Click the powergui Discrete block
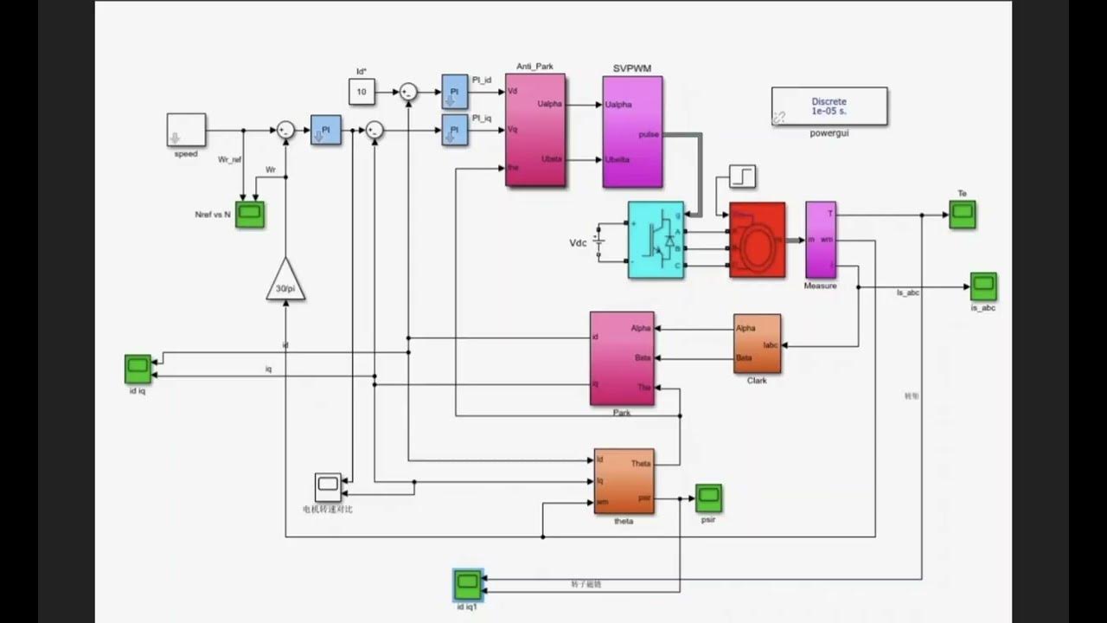(x=829, y=106)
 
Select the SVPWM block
(x=632, y=132)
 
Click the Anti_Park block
(x=535, y=130)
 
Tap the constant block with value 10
(x=362, y=91)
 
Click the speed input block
(x=186, y=130)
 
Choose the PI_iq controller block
(x=453, y=130)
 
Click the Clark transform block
(x=757, y=344)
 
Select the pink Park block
(x=621, y=358)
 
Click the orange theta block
(x=624, y=480)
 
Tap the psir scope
(x=708, y=498)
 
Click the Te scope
(x=962, y=214)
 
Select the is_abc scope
(x=982, y=286)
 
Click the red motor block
(x=757, y=240)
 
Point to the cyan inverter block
(x=656, y=240)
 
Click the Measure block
(x=820, y=240)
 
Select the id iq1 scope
(x=467, y=585)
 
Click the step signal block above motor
(x=742, y=177)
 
